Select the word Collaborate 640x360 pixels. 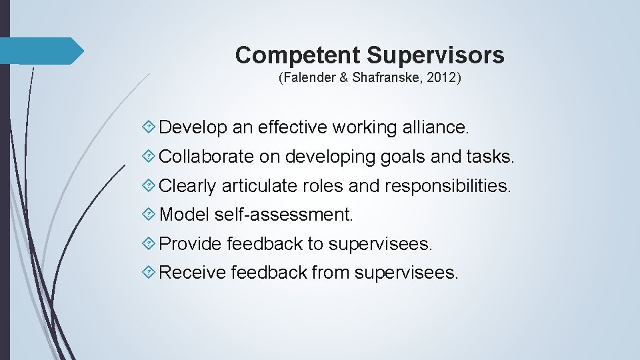coord(207,157)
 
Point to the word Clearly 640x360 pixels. coord(188,186)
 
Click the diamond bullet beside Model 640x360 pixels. coord(150,215)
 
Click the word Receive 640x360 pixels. coord(193,273)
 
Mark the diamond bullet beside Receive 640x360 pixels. coord(150,273)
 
